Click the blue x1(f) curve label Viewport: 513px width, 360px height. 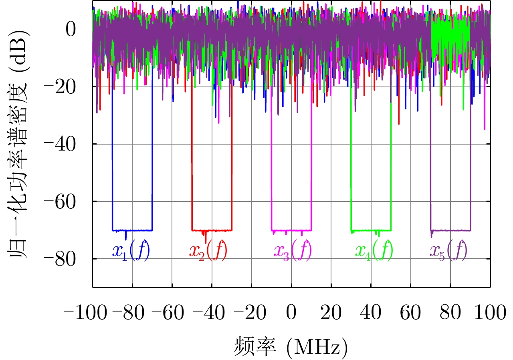click(131, 251)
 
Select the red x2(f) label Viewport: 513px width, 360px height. click(208, 251)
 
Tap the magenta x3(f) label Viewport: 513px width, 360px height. click(293, 251)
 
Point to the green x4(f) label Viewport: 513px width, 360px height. click(374, 251)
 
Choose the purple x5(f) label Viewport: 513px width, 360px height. click(448, 251)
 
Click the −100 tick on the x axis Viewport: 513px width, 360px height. click(84, 313)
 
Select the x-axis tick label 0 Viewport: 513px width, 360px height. click(291, 313)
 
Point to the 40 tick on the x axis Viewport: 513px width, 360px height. click(371, 313)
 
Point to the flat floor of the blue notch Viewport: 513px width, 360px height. click(138, 230)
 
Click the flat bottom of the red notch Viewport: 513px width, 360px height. click(218, 230)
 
